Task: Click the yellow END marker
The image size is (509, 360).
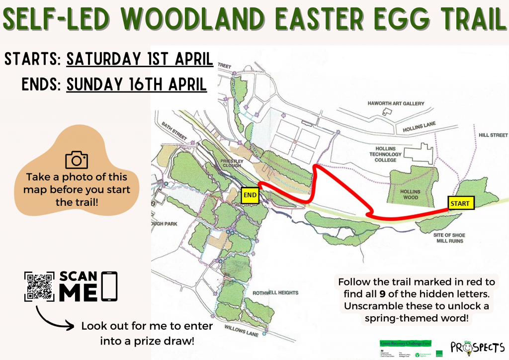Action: (x=251, y=195)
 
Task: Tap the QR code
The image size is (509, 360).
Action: (x=39, y=286)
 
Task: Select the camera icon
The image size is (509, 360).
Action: (x=77, y=160)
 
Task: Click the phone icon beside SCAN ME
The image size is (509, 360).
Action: (x=109, y=286)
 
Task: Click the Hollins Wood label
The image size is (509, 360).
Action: (x=408, y=194)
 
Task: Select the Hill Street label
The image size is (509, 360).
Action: (x=493, y=135)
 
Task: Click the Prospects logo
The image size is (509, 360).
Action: (x=478, y=346)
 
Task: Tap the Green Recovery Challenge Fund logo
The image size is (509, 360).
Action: (x=405, y=343)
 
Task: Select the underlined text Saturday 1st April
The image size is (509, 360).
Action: (x=140, y=59)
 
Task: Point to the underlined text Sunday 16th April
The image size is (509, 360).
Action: (x=136, y=84)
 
